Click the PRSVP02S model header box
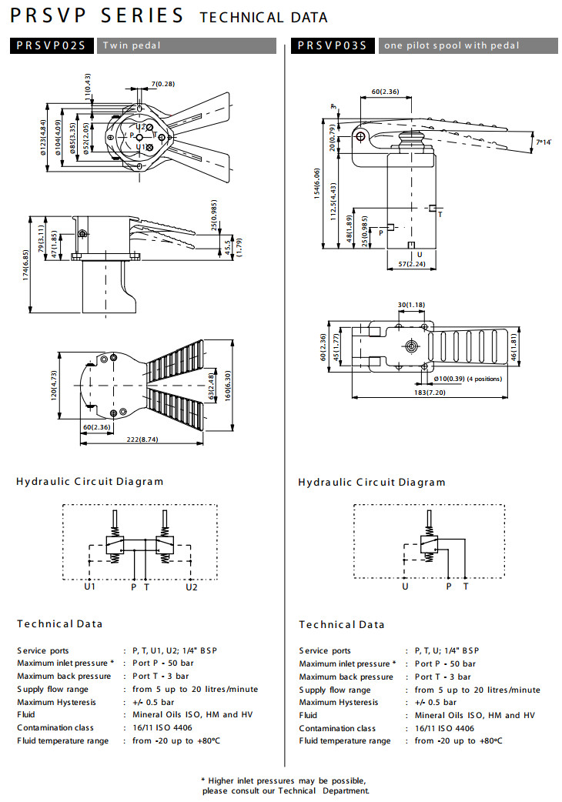pos(52,45)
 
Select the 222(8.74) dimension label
pos(141,439)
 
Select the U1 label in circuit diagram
pos(90,586)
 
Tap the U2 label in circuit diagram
pos(192,586)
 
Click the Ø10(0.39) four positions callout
pos(469,379)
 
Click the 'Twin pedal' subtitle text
pos(132,45)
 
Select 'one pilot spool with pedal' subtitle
pos(452,45)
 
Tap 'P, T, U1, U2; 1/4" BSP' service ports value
pos(176,650)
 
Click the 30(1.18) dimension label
pos(412,305)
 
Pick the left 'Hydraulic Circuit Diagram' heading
pos(90,482)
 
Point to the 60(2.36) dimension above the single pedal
pos(385,92)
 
